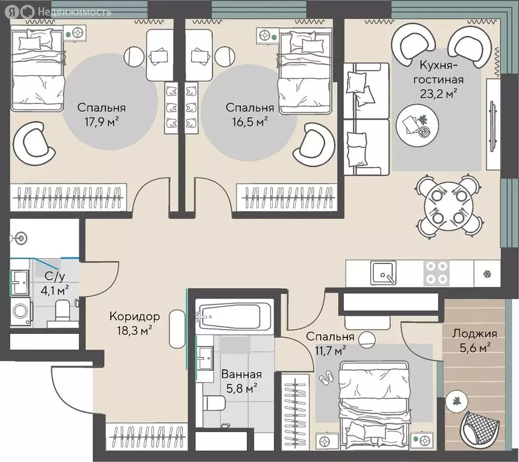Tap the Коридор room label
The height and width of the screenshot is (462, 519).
coord(135,316)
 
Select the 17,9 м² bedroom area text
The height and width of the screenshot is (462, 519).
coord(102,123)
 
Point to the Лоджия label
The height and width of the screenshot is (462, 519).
coord(474,334)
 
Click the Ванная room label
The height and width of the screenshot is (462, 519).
coord(241,374)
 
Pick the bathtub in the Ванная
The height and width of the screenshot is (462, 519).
coord(234,315)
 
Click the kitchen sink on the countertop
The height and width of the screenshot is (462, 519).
coord(383,273)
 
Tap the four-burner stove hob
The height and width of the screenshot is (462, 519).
coord(437,273)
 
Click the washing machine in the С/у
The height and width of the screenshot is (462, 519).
coord(20,312)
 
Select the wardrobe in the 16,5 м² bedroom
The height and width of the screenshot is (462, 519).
coord(287,197)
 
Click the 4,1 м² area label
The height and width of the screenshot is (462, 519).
coord(55,291)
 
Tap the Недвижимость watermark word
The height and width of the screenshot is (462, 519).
coord(75,12)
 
